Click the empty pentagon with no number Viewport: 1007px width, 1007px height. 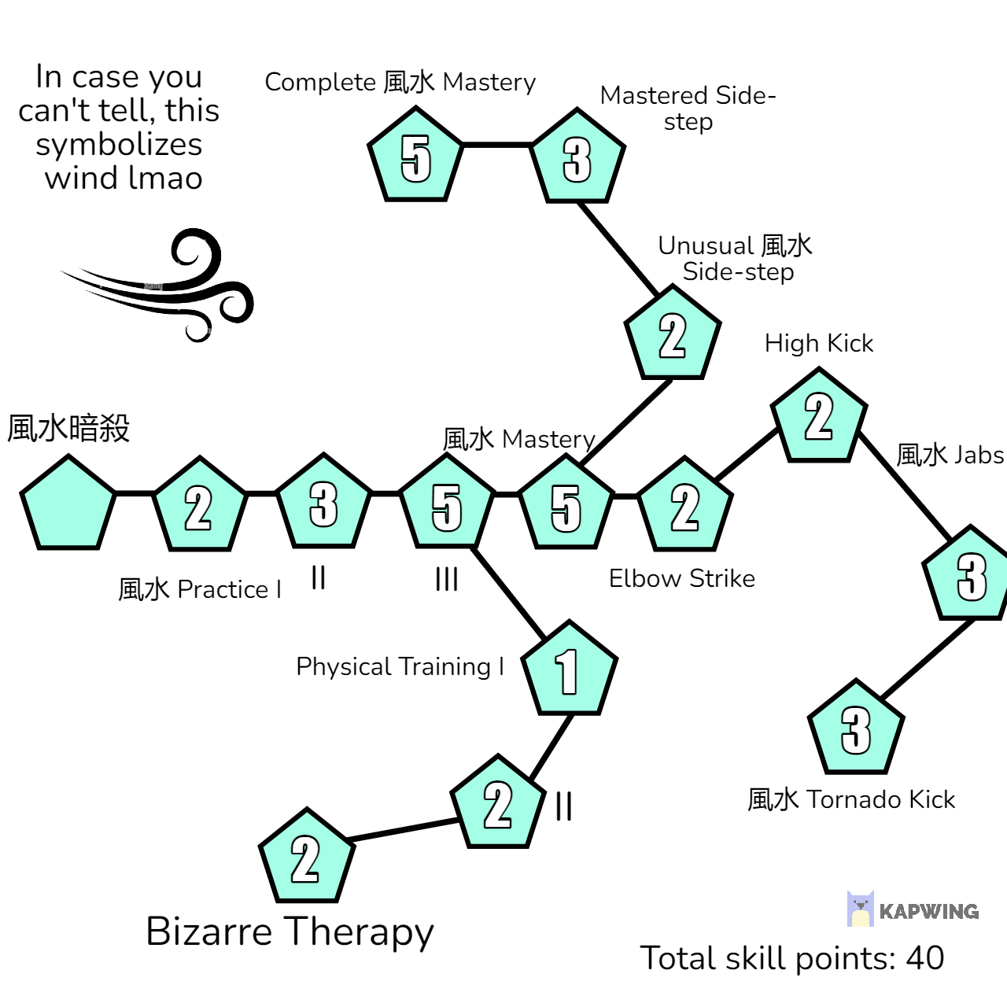click(x=68, y=505)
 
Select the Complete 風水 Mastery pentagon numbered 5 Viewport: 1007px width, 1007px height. click(x=415, y=157)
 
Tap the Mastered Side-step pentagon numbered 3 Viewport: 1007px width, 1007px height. click(x=577, y=159)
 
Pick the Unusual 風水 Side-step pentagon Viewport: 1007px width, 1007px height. click(x=673, y=336)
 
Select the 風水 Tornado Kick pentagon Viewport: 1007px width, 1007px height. click(x=856, y=729)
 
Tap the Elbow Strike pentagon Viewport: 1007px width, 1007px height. click(x=685, y=507)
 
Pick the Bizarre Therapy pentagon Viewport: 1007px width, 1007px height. click(x=306, y=858)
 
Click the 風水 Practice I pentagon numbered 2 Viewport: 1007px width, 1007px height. click(x=199, y=507)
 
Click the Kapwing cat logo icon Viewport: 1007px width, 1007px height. click(x=861, y=909)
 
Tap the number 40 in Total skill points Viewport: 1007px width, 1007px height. click(x=925, y=958)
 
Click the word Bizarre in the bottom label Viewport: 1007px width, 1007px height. click(x=209, y=931)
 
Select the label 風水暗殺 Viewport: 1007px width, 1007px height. click(x=68, y=429)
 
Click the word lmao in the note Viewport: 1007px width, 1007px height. click(x=164, y=178)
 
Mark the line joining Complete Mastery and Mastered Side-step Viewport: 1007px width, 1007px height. click(x=496, y=145)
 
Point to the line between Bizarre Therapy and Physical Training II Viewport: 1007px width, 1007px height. click(x=403, y=830)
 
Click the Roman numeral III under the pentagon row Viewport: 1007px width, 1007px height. click(x=447, y=580)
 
